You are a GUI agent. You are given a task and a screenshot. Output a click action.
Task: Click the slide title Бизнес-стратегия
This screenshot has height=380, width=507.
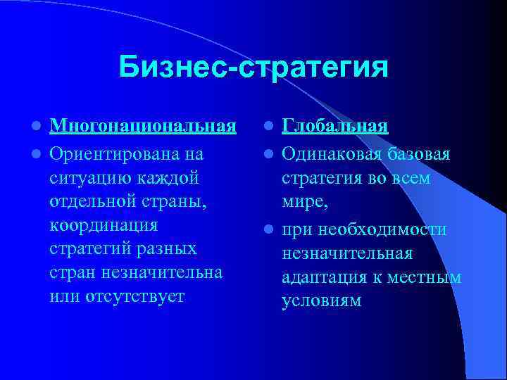tap(253, 68)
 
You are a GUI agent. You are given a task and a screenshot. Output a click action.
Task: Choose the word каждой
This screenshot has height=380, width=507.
tap(171, 177)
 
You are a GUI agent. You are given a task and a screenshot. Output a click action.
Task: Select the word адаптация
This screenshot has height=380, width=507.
tap(323, 277)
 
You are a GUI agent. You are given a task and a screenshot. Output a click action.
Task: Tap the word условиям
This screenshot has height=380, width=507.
tap(321, 301)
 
